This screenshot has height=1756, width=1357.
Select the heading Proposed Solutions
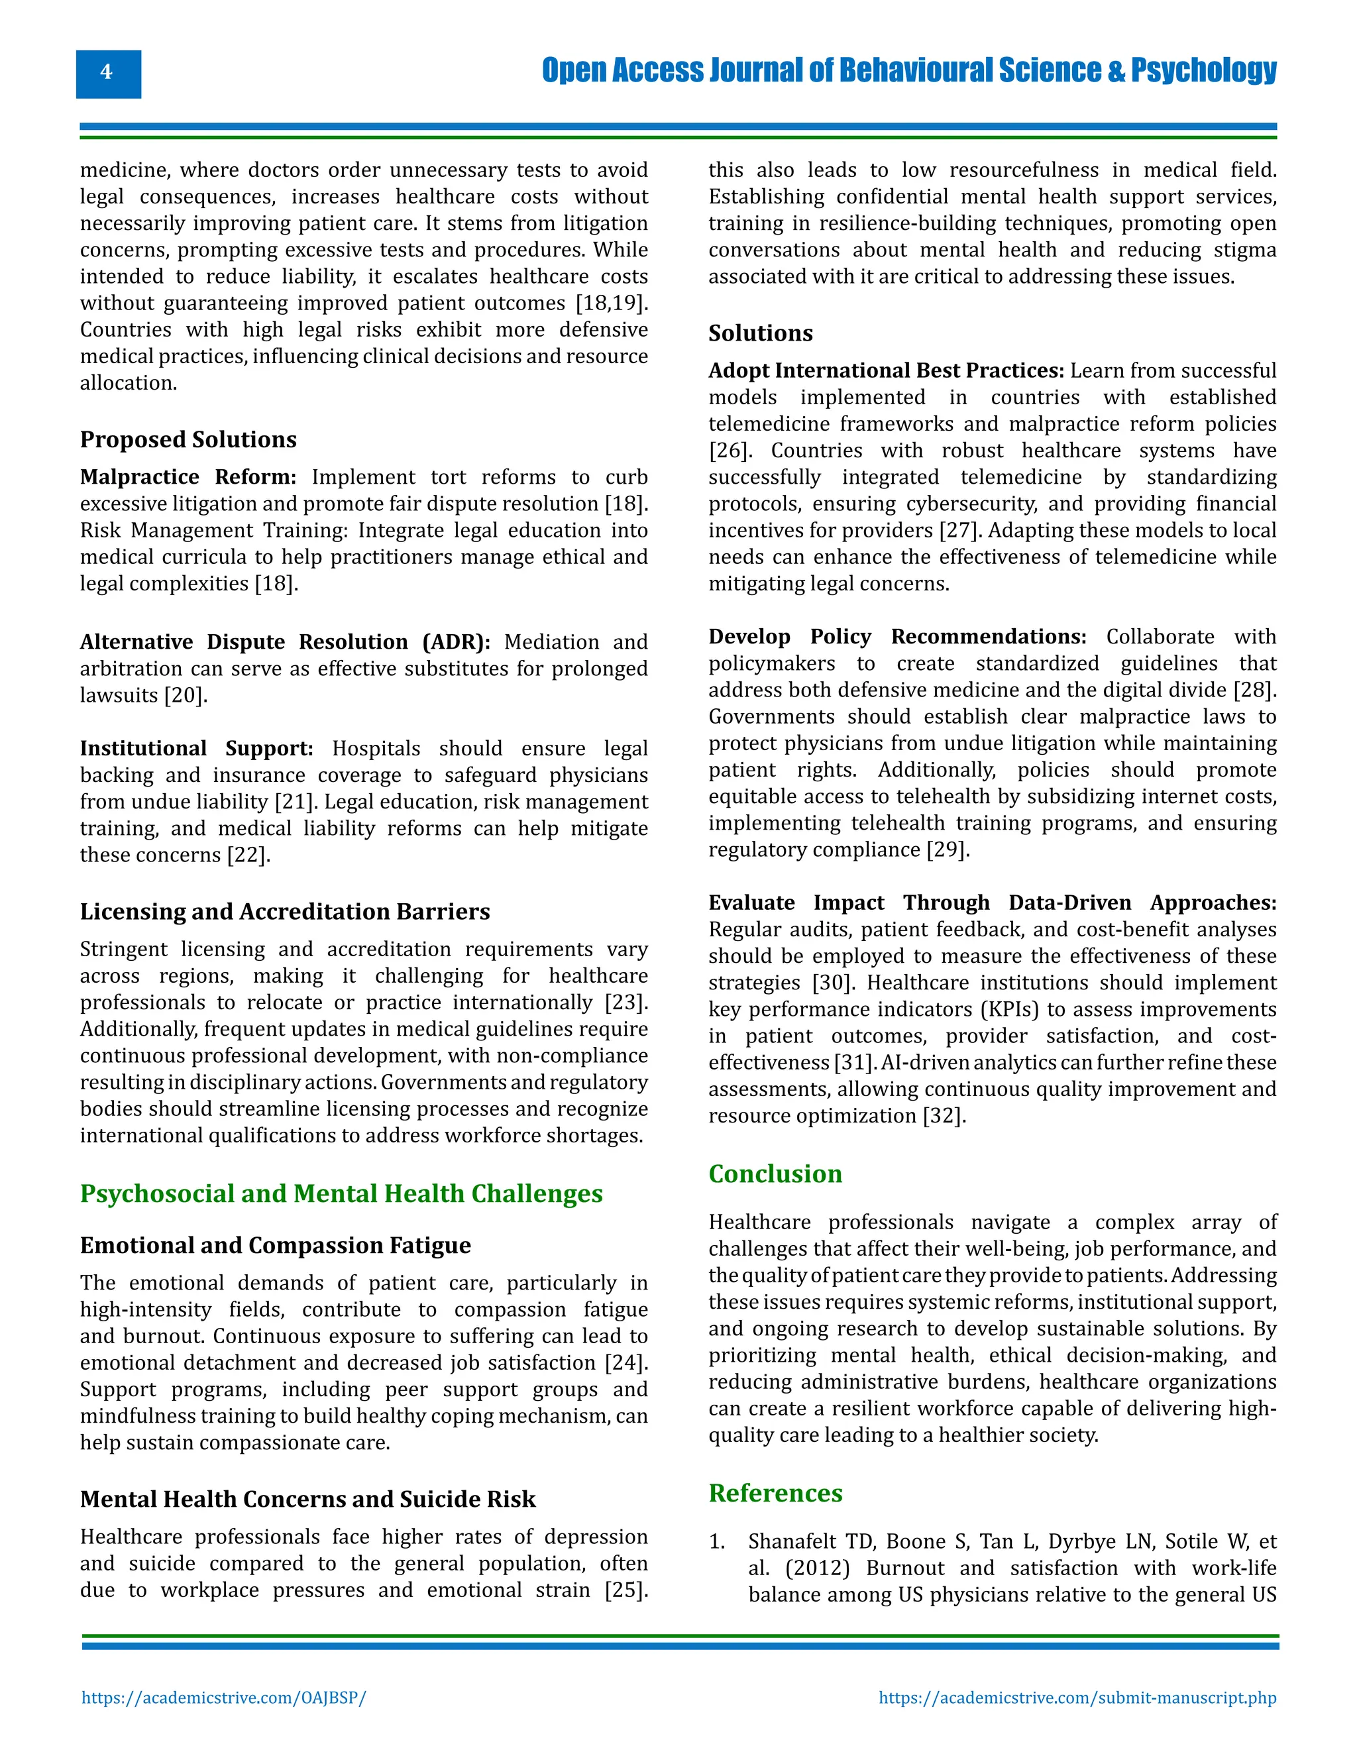pyautogui.click(x=188, y=440)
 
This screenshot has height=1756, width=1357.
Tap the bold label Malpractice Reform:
pyautogui.click(x=188, y=477)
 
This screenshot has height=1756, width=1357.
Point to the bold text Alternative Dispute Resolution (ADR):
pyautogui.click(x=284, y=641)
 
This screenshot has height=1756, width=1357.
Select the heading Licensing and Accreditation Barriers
pyautogui.click(x=284, y=912)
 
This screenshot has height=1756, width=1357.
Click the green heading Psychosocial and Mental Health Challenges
pyautogui.click(x=341, y=1193)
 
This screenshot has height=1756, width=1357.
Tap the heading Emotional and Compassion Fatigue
pyautogui.click(x=275, y=1246)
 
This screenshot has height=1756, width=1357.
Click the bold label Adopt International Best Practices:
pyautogui.click(x=886, y=370)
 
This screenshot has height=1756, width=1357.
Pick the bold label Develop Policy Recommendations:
pyautogui.click(x=896, y=637)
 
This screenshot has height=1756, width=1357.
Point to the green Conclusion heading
pyautogui.click(x=775, y=1174)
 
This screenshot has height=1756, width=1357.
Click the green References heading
pyautogui.click(x=775, y=1493)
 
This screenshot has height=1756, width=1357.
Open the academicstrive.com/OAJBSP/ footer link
pyautogui.click(x=223, y=1698)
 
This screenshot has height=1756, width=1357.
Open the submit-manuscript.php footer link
pyautogui.click(x=1077, y=1698)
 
